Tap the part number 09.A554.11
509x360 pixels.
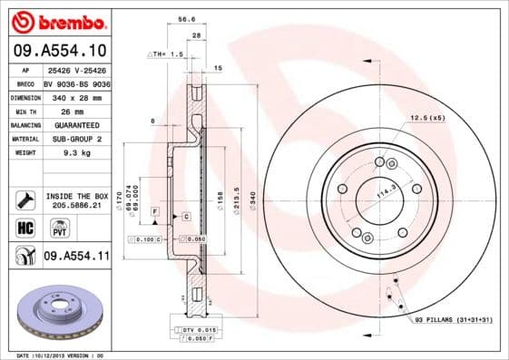pos(77,257)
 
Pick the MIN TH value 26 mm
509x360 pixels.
pos(60,111)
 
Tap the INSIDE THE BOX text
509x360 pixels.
pos(78,196)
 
